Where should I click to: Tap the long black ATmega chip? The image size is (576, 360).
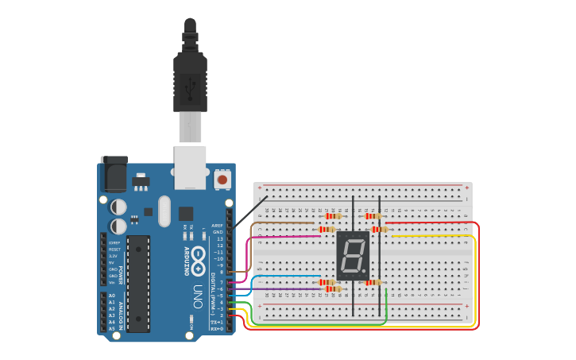click(138, 283)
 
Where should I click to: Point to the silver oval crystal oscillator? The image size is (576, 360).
click(164, 211)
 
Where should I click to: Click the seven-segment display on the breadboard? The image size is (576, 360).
click(353, 255)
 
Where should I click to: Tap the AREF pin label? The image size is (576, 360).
click(218, 226)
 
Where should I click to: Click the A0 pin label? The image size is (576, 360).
click(111, 296)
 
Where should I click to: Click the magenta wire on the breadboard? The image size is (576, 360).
click(286, 236)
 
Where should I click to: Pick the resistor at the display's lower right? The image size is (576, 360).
click(372, 282)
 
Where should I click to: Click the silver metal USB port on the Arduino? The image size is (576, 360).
click(191, 167)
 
